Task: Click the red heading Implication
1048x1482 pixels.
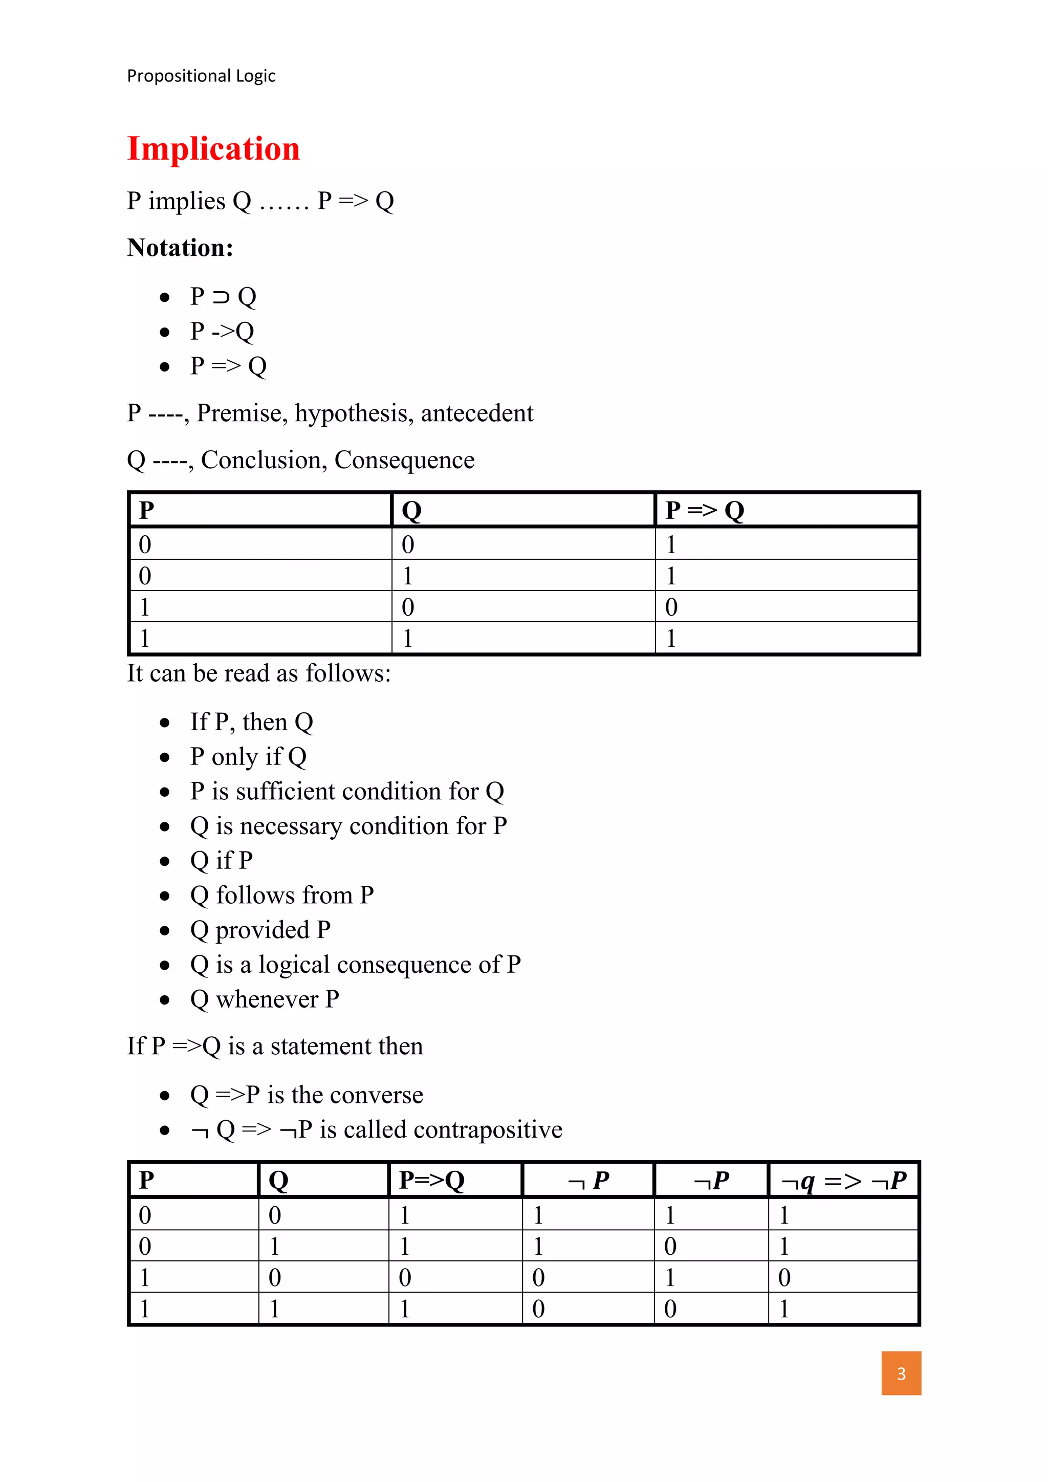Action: (213, 149)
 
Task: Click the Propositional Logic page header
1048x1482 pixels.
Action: (201, 76)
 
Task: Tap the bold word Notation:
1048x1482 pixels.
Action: (180, 248)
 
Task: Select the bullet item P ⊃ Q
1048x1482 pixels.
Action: (223, 297)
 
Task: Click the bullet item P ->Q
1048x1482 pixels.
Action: (222, 331)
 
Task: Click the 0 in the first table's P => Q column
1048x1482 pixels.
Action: (671, 607)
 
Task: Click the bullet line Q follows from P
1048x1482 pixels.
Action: (282, 895)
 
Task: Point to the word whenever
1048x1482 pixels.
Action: (267, 999)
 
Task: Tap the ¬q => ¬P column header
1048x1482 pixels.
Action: (843, 1181)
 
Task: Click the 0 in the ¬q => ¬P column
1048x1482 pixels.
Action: (784, 1277)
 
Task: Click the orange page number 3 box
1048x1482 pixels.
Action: (901, 1374)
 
